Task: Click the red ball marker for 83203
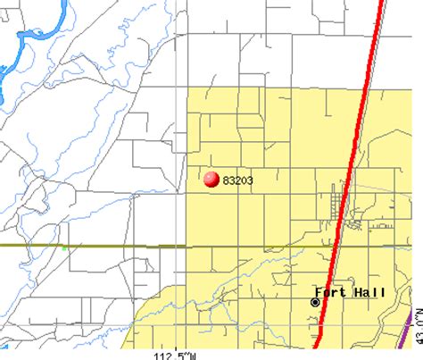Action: (x=211, y=180)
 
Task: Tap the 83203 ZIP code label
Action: (x=237, y=180)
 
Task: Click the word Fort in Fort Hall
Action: (x=329, y=291)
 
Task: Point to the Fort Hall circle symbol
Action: (x=315, y=303)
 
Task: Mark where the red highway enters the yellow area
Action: (x=367, y=89)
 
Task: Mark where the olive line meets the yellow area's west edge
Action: (x=186, y=245)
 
